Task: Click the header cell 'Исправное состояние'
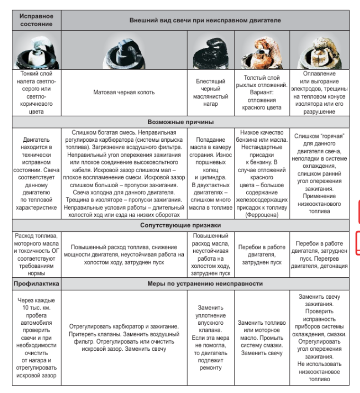36,20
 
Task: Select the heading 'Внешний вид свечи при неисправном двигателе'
205,20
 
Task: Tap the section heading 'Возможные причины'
180,122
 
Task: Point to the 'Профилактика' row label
36,283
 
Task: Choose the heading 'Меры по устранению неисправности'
205,283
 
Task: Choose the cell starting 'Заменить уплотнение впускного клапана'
212,338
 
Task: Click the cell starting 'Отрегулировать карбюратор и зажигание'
124,338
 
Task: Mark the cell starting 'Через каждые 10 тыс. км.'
36,338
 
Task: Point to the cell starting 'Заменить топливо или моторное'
261,338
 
